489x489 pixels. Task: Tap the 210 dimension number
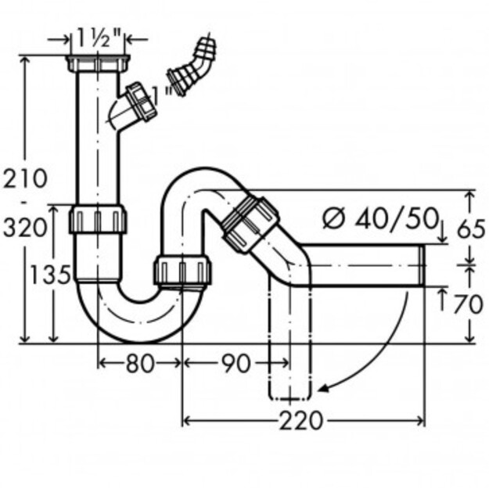point(25,178)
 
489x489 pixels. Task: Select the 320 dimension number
point(25,228)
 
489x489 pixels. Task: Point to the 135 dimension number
point(50,275)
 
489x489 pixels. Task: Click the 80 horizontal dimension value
point(140,363)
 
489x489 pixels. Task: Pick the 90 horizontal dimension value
point(236,363)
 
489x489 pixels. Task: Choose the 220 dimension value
point(300,421)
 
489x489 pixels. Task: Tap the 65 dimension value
point(471,228)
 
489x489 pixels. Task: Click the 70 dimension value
point(469,304)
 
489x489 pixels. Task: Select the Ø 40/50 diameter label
point(379,218)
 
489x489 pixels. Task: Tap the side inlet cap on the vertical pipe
point(140,102)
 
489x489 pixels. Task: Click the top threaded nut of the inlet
point(98,63)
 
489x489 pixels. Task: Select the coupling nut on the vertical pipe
point(98,219)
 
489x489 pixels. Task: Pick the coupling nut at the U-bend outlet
point(182,269)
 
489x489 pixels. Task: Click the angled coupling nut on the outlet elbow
point(250,223)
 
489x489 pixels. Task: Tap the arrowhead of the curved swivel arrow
point(322,389)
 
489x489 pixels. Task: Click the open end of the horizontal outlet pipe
point(422,265)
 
